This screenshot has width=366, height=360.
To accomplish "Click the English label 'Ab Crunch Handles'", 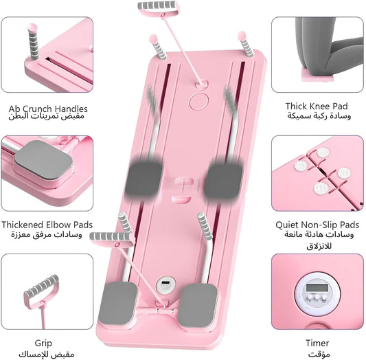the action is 48,109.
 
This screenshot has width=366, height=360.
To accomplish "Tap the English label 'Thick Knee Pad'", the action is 317,106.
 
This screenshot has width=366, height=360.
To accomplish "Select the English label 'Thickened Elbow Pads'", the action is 47,225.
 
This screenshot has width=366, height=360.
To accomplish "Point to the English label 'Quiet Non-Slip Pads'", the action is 317,225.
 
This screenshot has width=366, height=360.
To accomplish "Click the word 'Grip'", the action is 43,344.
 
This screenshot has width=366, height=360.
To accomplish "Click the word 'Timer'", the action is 317,344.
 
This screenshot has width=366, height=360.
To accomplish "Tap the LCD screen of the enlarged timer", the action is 317,288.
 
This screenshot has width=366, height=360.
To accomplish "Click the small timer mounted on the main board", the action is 166,285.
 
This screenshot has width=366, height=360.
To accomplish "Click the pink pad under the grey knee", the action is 317,76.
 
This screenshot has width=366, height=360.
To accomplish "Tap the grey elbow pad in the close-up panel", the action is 44,160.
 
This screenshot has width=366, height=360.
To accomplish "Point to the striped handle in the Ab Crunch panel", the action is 33,42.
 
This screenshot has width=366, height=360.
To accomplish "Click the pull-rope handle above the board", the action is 159,8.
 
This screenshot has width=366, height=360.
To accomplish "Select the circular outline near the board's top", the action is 198,102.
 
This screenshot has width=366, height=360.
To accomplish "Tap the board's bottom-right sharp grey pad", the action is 198,306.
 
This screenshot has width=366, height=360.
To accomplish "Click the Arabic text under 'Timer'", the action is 319,354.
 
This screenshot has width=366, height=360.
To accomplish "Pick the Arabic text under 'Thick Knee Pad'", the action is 319,116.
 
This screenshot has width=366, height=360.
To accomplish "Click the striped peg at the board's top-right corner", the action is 246,45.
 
